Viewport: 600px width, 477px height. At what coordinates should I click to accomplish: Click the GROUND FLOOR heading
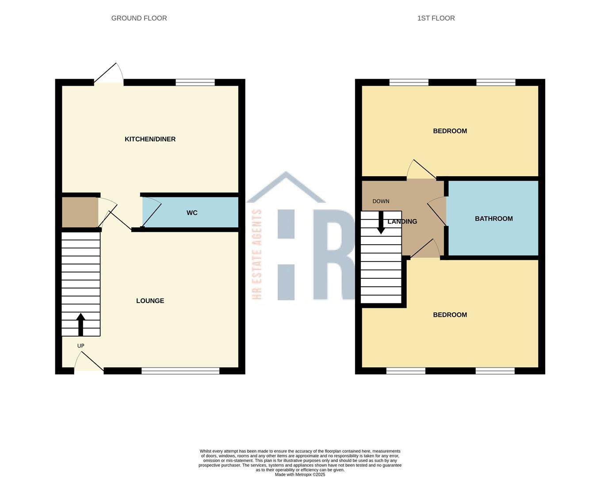(139, 18)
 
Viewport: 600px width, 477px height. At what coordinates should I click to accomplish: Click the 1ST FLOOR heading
(436, 18)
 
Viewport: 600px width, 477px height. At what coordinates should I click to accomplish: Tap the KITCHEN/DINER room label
(150, 139)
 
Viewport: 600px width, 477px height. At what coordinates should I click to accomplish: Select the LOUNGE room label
(150, 301)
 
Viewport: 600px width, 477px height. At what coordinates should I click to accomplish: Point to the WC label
(192, 213)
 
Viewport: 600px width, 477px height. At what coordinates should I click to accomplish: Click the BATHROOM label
(493, 219)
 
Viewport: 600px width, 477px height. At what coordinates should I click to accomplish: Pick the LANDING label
(402, 222)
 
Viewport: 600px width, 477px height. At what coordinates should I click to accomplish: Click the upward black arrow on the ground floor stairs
(80, 325)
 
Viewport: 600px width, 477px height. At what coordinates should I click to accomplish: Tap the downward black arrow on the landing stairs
(381, 223)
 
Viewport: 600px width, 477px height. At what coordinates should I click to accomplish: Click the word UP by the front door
(80, 346)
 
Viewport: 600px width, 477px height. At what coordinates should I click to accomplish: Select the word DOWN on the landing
(381, 201)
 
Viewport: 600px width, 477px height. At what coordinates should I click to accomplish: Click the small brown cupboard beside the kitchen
(80, 212)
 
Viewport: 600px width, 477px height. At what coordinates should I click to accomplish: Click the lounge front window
(180, 371)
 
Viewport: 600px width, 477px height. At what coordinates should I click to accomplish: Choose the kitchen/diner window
(195, 82)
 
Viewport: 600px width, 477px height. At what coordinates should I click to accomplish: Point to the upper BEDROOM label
(450, 131)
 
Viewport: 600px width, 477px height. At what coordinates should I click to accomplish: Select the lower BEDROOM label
(450, 315)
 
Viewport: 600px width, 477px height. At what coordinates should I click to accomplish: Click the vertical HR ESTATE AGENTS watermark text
(257, 254)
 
